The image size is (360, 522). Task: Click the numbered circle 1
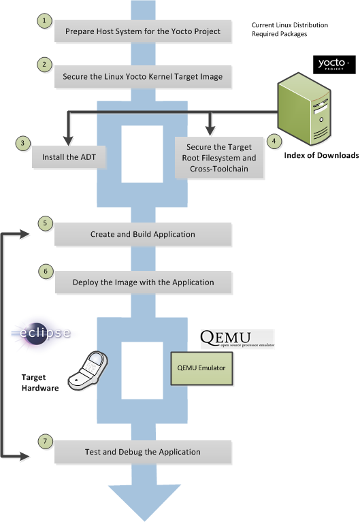(x=44, y=20)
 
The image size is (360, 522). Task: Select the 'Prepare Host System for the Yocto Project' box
(x=143, y=31)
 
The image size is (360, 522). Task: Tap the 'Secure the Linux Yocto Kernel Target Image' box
(x=143, y=77)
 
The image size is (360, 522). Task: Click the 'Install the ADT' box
(x=69, y=157)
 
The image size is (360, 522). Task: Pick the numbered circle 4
(x=274, y=141)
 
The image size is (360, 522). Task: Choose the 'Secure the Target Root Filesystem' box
(x=219, y=158)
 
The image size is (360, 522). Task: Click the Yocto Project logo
(x=334, y=64)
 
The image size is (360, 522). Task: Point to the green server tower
(x=304, y=109)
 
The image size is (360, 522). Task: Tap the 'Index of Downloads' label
(x=321, y=155)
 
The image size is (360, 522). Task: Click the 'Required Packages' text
(x=280, y=34)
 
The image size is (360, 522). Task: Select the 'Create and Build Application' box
(x=143, y=234)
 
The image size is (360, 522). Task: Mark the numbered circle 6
(x=46, y=272)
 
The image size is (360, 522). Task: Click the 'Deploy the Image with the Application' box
(x=144, y=282)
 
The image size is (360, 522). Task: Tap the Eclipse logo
(x=42, y=332)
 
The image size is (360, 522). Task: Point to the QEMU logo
(x=237, y=339)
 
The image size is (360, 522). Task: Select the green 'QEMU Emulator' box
(x=201, y=368)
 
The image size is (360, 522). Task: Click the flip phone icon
(x=88, y=370)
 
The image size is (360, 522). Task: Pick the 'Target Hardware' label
(x=40, y=382)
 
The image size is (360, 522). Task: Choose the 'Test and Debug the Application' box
(x=143, y=452)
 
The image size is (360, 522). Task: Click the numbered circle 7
(x=46, y=442)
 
